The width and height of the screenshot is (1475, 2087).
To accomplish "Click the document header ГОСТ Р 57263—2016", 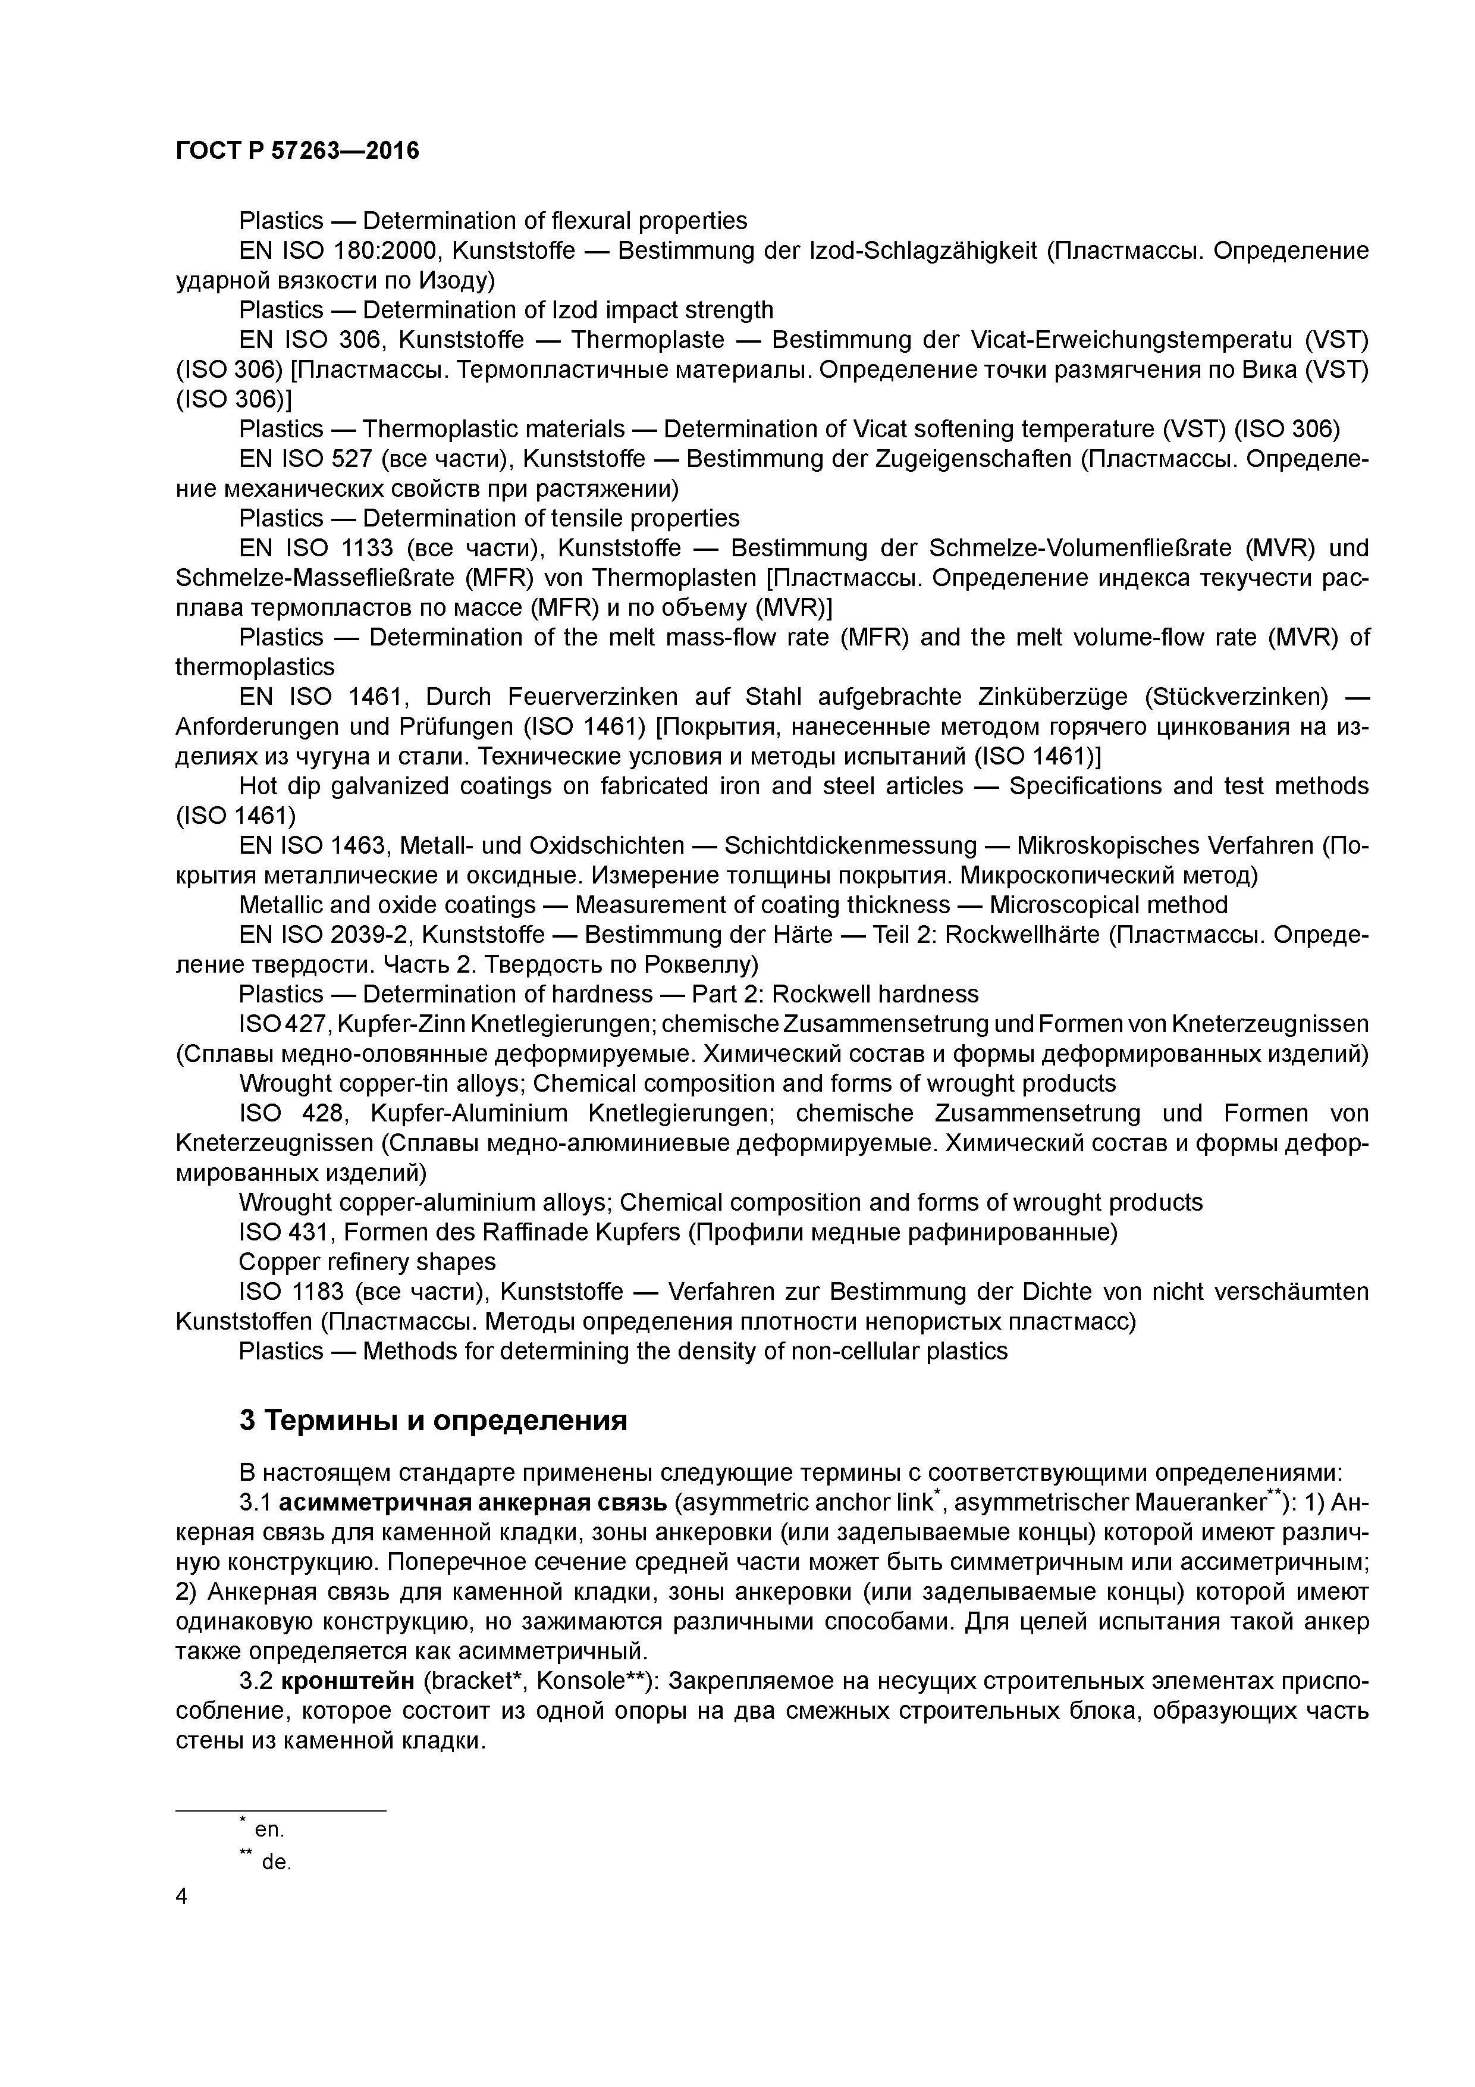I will (x=297, y=151).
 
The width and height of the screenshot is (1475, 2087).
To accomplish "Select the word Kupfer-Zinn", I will (x=400, y=1024).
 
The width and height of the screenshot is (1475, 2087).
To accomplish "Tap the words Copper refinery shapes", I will (x=367, y=1262).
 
